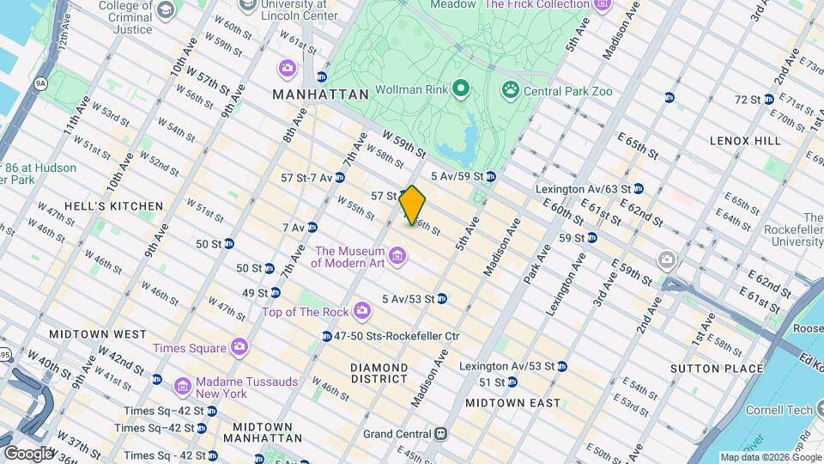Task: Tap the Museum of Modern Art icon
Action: click(397, 255)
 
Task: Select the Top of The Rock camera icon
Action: click(362, 309)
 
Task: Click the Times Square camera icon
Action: click(239, 346)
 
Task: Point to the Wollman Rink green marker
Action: click(461, 88)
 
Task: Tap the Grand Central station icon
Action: click(440, 434)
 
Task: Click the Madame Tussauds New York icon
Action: click(182, 386)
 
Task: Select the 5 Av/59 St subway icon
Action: click(490, 176)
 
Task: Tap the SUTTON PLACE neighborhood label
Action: click(724, 369)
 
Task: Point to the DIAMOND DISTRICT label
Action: click(379, 373)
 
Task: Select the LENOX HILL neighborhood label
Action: click(745, 140)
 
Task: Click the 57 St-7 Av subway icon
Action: click(340, 177)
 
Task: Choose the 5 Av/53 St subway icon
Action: click(441, 298)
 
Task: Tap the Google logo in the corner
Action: click(27, 453)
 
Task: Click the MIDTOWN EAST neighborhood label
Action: click(512, 402)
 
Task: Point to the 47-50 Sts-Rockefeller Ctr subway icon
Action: click(326, 336)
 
